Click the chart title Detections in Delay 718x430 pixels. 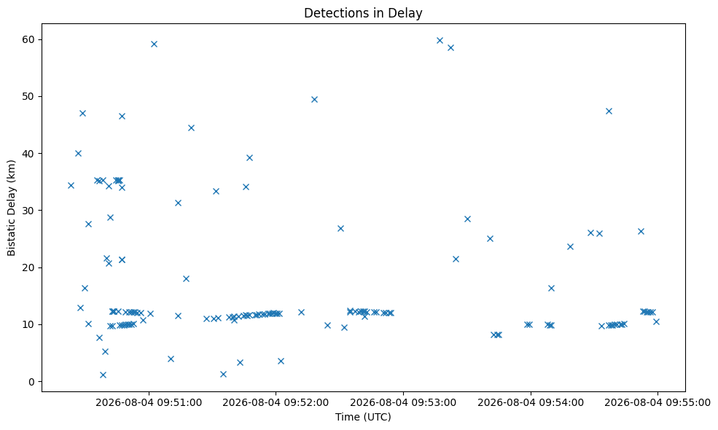pos(363,13)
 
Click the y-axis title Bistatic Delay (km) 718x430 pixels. pos(12,208)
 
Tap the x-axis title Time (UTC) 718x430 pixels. pos(363,417)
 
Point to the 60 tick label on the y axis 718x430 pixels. pos(28,39)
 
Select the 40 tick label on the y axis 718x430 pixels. pos(28,153)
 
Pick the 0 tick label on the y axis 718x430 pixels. pos(31,381)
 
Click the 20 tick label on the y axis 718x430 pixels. pos(28,267)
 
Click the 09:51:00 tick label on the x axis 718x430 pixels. pos(149,402)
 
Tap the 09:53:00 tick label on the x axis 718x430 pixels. pos(403,402)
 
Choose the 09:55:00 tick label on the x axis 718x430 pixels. pos(657,402)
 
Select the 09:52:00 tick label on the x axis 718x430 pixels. pos(276,402)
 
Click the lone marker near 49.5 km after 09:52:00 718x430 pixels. pos(315,99)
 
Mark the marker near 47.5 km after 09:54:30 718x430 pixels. pos(609,111)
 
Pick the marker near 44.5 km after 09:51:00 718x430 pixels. pos(192,128)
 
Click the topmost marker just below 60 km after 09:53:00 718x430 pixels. pos(440,40)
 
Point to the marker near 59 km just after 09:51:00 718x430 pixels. pos(155,44)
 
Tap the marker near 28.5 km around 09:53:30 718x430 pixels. pos(467,219)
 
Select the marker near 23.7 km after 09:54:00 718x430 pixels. pos(571,246)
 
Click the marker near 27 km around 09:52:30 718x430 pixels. pos(340,229)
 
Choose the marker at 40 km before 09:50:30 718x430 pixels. pos(78,153)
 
